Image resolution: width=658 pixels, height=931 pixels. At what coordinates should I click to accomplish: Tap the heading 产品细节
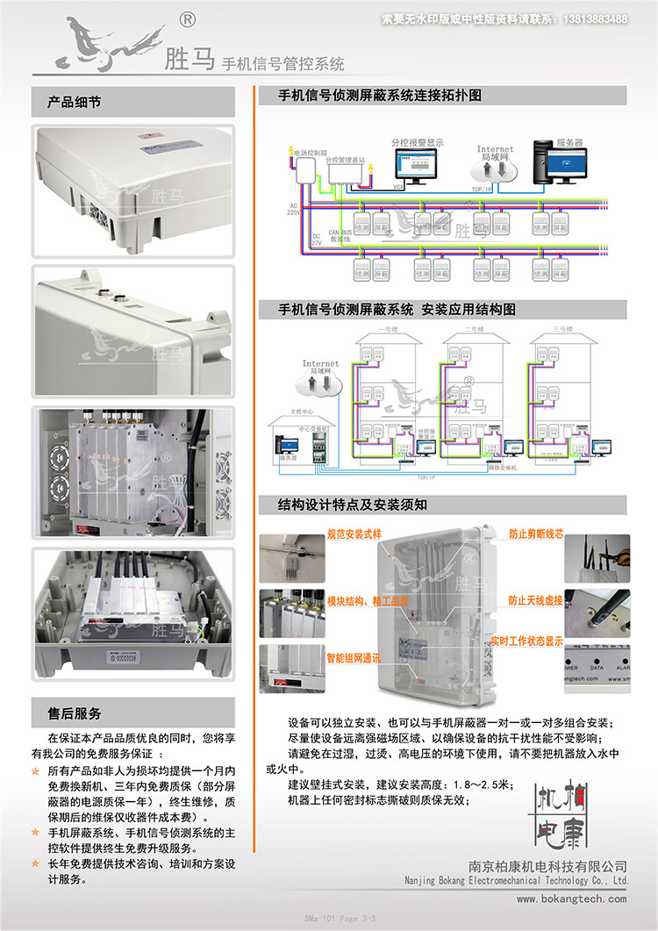(75, 102)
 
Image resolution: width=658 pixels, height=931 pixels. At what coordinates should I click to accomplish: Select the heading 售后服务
(75, 713)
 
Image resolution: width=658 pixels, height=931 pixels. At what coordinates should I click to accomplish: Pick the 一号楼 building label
(388, 329)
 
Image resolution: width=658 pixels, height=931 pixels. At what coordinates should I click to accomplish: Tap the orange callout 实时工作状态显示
(526, 641)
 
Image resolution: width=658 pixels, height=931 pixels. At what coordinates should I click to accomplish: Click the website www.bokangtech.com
(571, 899)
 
